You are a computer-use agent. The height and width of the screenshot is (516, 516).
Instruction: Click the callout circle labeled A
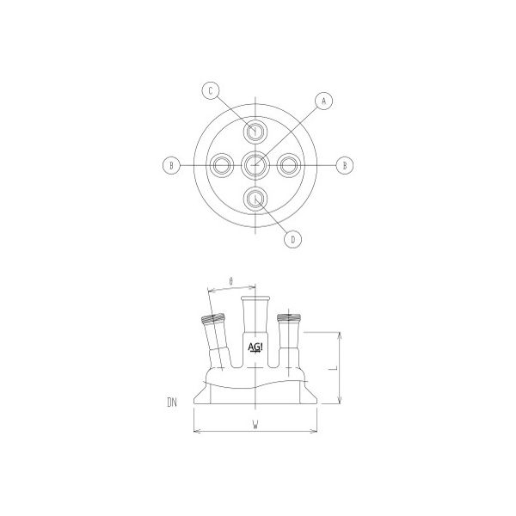coord(324,101)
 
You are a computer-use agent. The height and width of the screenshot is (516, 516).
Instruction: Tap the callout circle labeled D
coord(292,239)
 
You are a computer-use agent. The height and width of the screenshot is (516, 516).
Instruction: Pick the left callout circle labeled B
coord(172,164)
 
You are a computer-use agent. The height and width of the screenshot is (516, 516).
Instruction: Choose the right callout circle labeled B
coord(345,164)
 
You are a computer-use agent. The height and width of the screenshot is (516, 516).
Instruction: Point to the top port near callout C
coord(256,131)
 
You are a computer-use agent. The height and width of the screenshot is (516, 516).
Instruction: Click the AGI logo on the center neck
coord(256,347)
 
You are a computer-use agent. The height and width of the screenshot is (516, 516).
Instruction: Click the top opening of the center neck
coord(256,298)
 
